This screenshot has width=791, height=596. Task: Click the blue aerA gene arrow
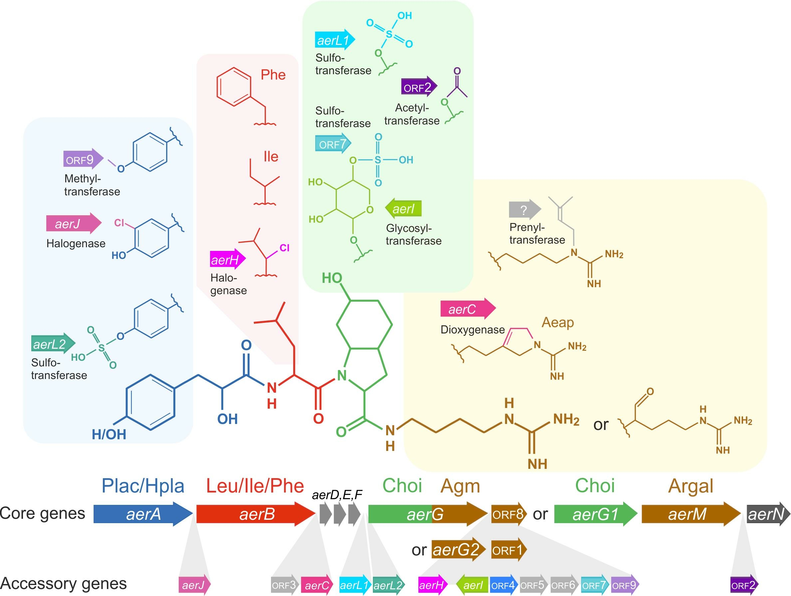(143, 514)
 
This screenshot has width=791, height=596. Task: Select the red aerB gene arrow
(256, 514)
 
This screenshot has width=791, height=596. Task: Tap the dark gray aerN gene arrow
(765, 514)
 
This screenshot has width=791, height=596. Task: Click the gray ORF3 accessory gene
(285, 585)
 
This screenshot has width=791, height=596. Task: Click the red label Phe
(273, 75)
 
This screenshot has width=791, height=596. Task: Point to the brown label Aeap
(558, 322)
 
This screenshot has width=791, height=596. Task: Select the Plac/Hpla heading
(143, 486)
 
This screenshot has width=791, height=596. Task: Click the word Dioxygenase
(472, 330)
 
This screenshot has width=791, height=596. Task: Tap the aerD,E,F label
(337, 495)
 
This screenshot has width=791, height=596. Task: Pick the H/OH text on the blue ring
(109, 434)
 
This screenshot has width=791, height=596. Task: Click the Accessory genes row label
(64, 583)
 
